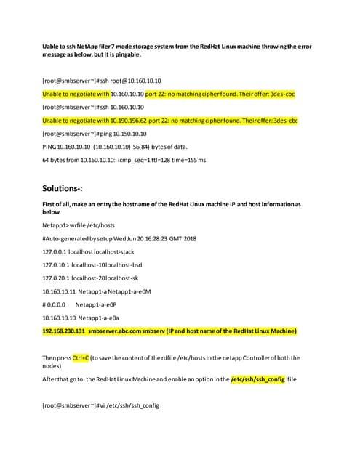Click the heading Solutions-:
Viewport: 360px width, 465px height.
coord(66,188)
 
